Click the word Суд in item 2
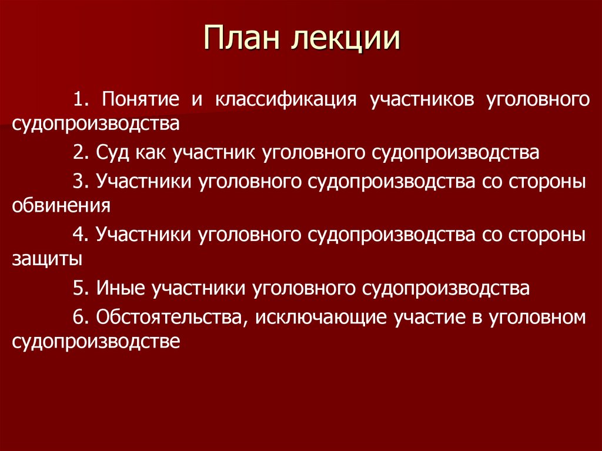[x=110, y=153]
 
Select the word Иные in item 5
[x=119, y=289]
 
